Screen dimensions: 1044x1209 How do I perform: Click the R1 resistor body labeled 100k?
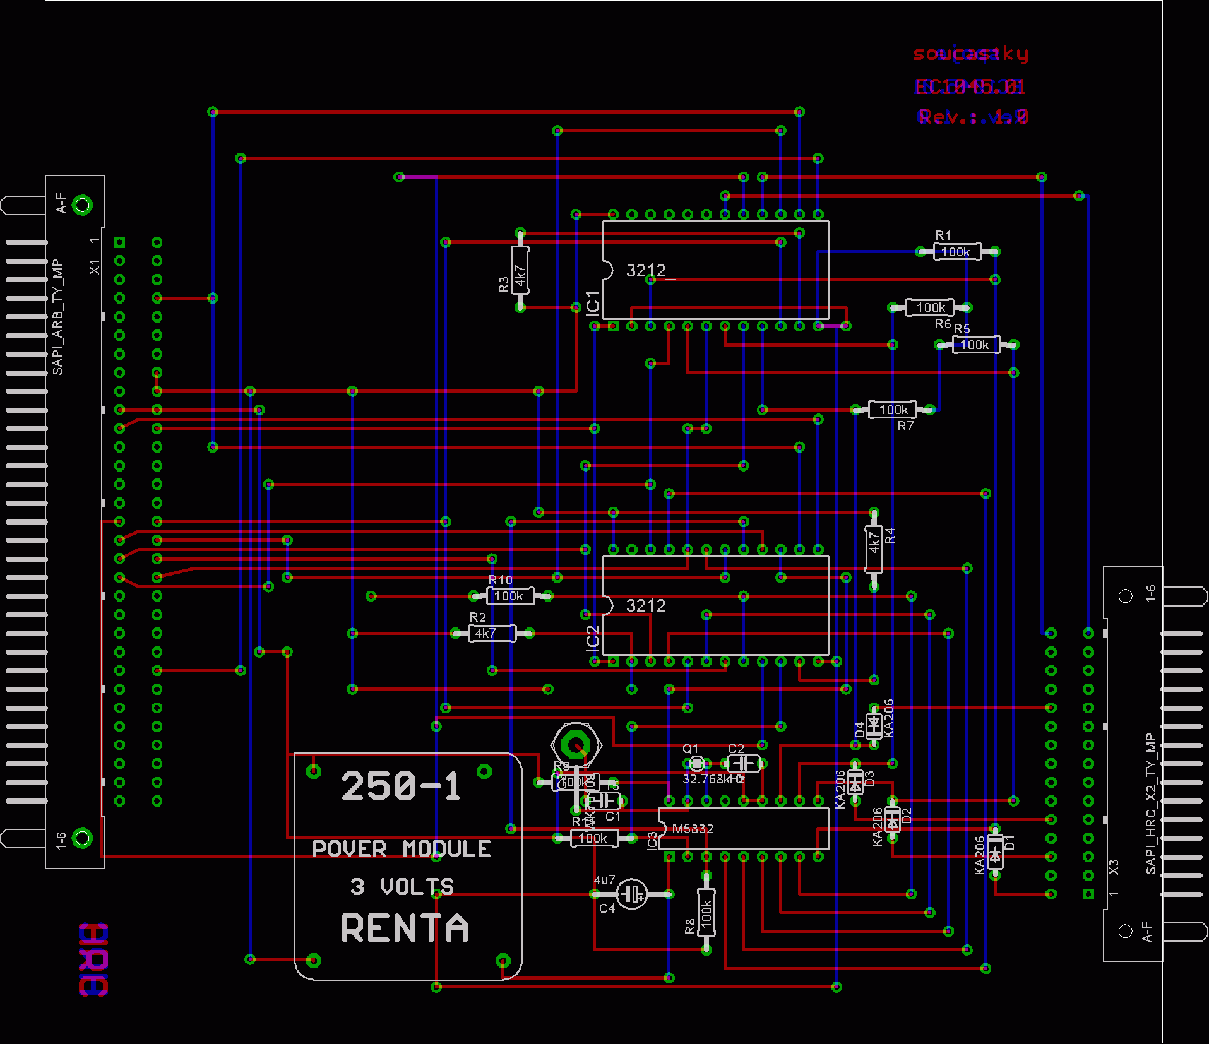[x=957, y=252]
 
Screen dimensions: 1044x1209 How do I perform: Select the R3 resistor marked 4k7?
[x=520, y=271]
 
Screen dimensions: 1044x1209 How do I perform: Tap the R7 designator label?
[x=905, y=426]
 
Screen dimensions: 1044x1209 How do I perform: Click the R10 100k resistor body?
[x=510, y=596]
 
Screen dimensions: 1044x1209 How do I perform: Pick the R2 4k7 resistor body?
[x=492, y=633]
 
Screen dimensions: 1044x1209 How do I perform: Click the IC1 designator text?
[x=593, y=303]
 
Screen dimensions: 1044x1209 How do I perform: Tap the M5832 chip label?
[x=693, y=829]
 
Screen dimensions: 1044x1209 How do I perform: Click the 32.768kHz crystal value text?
[x=713, y=779]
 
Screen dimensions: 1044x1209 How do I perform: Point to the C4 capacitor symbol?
[x=631, y=894]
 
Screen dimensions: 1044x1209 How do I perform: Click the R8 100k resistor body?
[x=706, y=913]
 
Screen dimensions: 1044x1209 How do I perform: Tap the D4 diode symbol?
[x=874, y=726]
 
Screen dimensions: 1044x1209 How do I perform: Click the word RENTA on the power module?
[x=405, y=928]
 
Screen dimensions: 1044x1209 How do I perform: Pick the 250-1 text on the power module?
[x=401, y=786]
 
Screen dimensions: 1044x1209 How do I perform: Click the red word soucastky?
[x=970, y=54]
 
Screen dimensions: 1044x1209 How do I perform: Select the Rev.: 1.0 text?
[x=973, y=116]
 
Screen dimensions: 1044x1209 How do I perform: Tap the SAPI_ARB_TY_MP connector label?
[x=57, y=316]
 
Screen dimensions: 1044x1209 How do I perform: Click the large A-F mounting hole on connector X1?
[x=82, y=205]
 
